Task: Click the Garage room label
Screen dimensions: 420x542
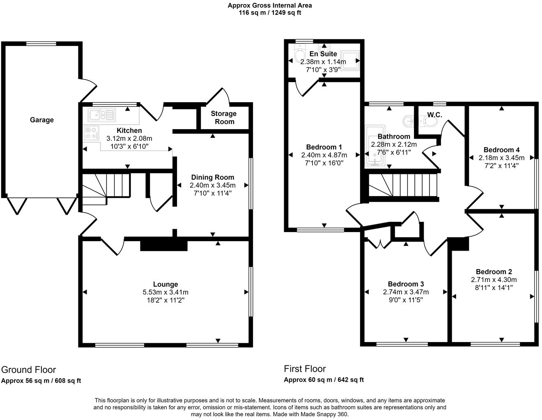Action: pyautogui.click(x=41, y=120)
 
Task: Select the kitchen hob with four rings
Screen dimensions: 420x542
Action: pyautogui.click(x=92, y=132)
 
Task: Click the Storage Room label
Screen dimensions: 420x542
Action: pyautogui.click(x=223, y=117)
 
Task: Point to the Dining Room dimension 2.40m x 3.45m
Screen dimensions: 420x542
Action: pyautogui.click(x=212, y=185)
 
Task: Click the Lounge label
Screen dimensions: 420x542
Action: pyautogui.click(x=165, y=284)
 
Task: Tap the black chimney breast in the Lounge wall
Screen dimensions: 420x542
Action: pyautogui.click(x=164, y=245)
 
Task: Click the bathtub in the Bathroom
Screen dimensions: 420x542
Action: pyautogui.click(x=374, y=151)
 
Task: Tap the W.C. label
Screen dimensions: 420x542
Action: pyautogui.click(x=434, y=115)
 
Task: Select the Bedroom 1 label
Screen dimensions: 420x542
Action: pyautogui.click(x=324, y=147)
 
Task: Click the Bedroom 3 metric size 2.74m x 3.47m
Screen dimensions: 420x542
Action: pyautogui.click(x=406, y=292)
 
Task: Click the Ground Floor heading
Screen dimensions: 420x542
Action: pyautogui.click(x=29, y=370)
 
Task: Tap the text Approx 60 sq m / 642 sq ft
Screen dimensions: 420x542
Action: pyautogui.click(x=324, y=380)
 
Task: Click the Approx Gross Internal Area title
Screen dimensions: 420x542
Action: pyautogui.click(x=270, y=5)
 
